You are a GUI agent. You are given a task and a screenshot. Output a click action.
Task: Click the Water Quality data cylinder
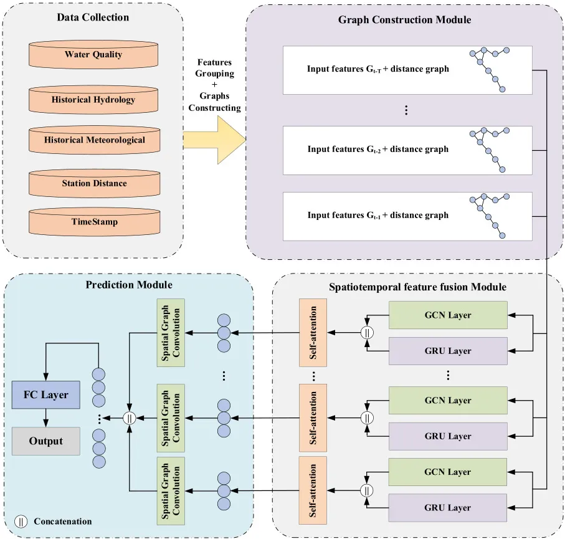[93, 55]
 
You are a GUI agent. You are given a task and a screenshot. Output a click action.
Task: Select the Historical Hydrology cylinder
[93, 100]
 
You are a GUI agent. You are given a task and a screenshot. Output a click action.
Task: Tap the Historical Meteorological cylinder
[93, 140]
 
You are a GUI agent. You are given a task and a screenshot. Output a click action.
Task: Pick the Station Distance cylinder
[93, 183]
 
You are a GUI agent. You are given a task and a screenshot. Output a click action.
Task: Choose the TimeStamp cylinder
[93, 222]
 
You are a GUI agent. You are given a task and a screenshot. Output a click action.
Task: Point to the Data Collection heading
[93, 17]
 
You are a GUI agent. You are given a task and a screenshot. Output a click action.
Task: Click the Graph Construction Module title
[404, 20]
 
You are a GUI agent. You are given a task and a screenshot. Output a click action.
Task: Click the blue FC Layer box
[46, 395]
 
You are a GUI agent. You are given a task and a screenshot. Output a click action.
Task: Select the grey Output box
[46, 441]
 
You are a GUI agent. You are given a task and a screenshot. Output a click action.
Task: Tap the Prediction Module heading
[129, 285]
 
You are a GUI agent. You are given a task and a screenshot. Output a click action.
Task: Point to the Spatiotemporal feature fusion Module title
[417, 287]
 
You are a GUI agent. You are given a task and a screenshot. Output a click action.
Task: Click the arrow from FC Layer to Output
[46, 418]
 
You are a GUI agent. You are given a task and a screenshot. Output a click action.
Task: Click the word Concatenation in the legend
[63, 522]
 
